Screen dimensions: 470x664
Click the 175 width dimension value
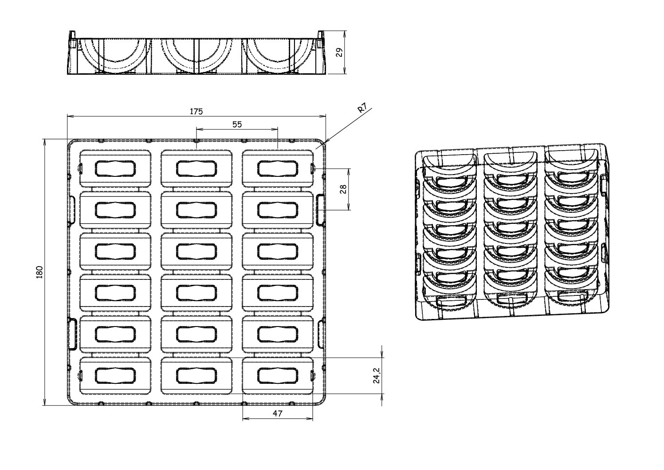pyautogui.click(x=196, y=111)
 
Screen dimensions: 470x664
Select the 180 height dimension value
pyautogui.click(x=39, y=271)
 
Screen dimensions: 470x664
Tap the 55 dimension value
pyautogui.click(x=237, y=124)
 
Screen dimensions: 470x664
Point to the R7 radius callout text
pyautogui.click(x=362, y=109)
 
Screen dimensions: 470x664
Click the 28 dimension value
pyautogui.click(x=343, y=189)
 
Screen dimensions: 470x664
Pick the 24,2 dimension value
pyautogui.click(x=376, y=375)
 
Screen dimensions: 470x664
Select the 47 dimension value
pyautogui.click(x=278, y=413)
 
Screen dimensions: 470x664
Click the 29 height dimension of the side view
pyautogui.click(x=339, y=52)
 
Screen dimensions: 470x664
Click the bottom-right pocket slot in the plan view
pyautogui.click(x=278, y=375)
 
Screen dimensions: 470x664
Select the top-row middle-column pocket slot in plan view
pyautogui.click(x=196, y=168)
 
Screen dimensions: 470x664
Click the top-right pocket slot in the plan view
pyautogui.click(x=278, y=168)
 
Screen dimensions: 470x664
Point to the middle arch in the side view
pyautogui.click(x=196, y=56)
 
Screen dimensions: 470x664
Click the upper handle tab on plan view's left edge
pyautogui.click(x=71, y=209)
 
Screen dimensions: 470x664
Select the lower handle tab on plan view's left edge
pyautogui.click(x=71, y=334)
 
